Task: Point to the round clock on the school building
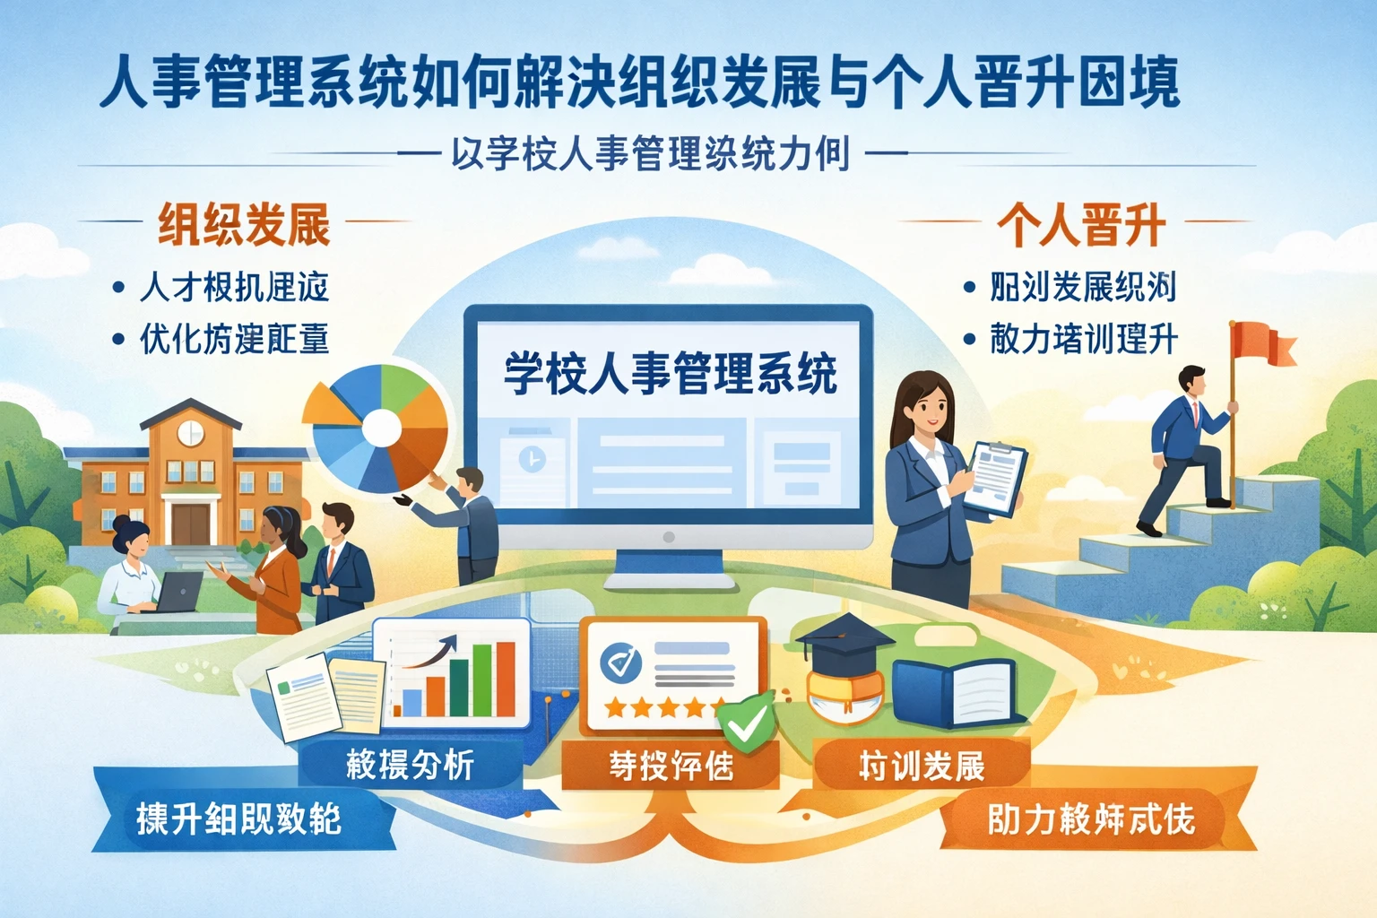(x=190, y=432)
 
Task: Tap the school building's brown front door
(x=190, y=524)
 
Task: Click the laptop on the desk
(x=179, y=592)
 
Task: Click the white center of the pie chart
(x=381, y=429)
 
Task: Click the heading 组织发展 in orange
(x=244, y=224)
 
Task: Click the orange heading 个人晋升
(x=1081, y=224)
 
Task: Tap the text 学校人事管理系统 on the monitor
(x=670, y=374)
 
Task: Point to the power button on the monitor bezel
(x=668, y=537)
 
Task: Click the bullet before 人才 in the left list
(x=118, y=289)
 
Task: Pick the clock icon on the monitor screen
(x=532, y=459)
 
